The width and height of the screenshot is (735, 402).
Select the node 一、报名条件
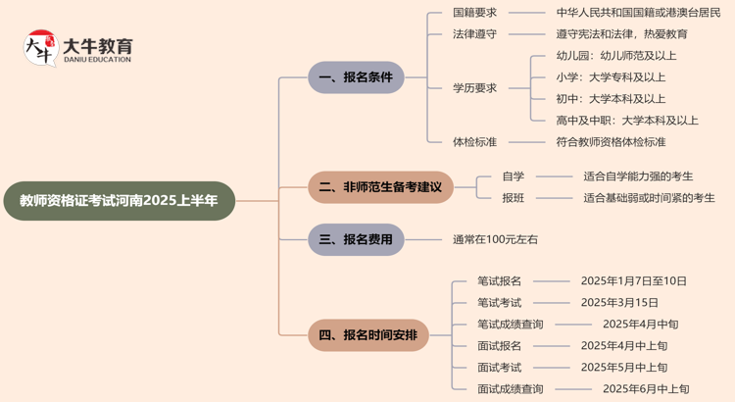point(356,76)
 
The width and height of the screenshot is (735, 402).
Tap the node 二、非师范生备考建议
point(380,186)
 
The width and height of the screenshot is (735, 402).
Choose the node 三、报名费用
point(356,238)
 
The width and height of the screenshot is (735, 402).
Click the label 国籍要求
point(474,13)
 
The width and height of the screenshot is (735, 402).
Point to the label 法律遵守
point(474,33)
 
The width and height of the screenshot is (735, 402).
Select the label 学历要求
point(474,87)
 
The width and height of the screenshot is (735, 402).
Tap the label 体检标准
point(474,141)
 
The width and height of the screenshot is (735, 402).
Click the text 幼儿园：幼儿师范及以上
point(616,55)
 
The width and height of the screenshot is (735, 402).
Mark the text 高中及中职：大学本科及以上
point(627,120)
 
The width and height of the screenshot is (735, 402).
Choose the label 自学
point(514,176)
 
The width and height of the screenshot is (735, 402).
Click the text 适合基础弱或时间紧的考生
point(649,197)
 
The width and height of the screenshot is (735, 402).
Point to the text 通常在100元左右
point(495,238)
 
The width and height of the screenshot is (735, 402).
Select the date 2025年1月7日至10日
point(633,281)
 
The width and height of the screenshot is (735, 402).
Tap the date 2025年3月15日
point(619,303)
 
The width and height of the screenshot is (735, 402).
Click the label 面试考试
point(500,367)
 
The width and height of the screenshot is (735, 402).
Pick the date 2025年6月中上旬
point(646,389)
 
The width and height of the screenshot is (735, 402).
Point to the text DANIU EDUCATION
point(96,61)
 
